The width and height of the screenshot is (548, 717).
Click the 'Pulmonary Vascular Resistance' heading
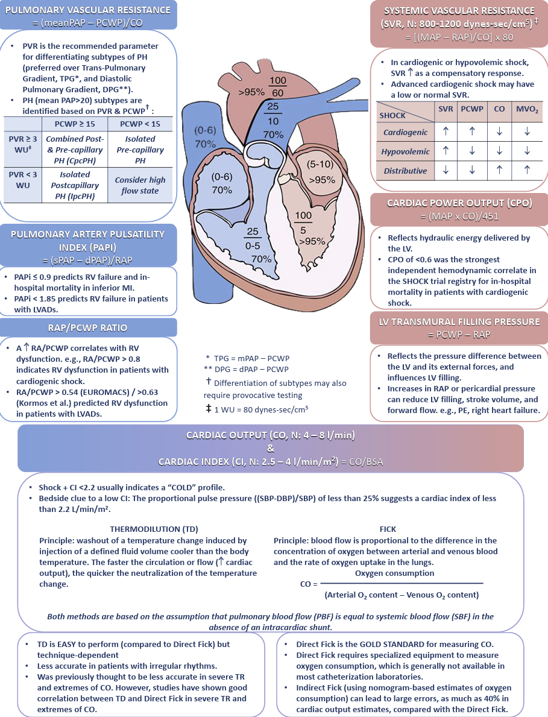[88, 10]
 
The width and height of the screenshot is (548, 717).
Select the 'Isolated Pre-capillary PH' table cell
[140, 150]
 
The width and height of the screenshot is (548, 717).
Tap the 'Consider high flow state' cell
[140, 185]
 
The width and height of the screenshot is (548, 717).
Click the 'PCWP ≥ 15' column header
[75, 124]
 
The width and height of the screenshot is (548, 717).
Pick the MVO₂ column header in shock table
[527, 109]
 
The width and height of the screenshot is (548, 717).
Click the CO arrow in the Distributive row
[500, 170]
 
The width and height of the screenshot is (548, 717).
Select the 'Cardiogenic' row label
[405, 132]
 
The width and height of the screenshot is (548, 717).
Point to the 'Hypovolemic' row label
[405, 151]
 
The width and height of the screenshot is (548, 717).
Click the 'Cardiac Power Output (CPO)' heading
[459, 203]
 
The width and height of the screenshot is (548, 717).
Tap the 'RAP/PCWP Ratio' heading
[88, 328]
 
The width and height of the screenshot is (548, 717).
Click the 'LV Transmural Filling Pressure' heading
[459, 321]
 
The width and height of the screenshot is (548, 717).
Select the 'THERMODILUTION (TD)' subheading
[154, 529]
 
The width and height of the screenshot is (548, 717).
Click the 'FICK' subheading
[388, 529]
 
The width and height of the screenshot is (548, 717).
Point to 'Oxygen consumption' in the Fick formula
[395, 573]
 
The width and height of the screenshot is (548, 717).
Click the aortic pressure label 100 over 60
[277, 87]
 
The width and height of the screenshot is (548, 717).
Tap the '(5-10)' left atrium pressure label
[320, 164]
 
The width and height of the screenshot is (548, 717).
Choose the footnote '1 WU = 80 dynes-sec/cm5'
[257, 409]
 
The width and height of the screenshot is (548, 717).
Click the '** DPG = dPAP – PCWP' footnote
[247, 369]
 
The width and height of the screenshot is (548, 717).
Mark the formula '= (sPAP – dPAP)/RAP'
[88, 261]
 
